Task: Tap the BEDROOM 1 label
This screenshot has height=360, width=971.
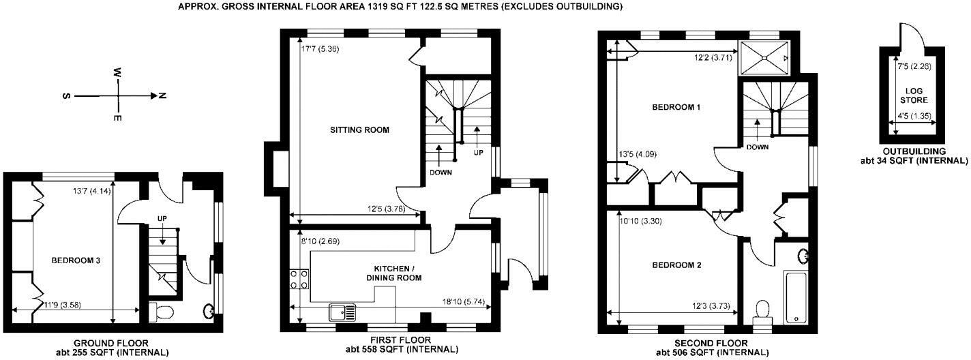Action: click(x=676, y=108)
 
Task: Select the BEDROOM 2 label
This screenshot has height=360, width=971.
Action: click(x=676, y=265)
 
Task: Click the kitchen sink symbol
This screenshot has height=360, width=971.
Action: click(x=343, y=312)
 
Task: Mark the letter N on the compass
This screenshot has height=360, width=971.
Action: click(x=162, y=96)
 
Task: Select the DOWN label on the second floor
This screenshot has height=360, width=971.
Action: click(x=758, y=147)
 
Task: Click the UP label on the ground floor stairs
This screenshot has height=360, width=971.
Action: click(x=162, y=219)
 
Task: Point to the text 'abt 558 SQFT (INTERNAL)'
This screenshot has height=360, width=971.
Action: click(x=399, y=349)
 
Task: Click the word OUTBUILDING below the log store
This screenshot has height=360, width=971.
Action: click(x=914, y=151)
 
